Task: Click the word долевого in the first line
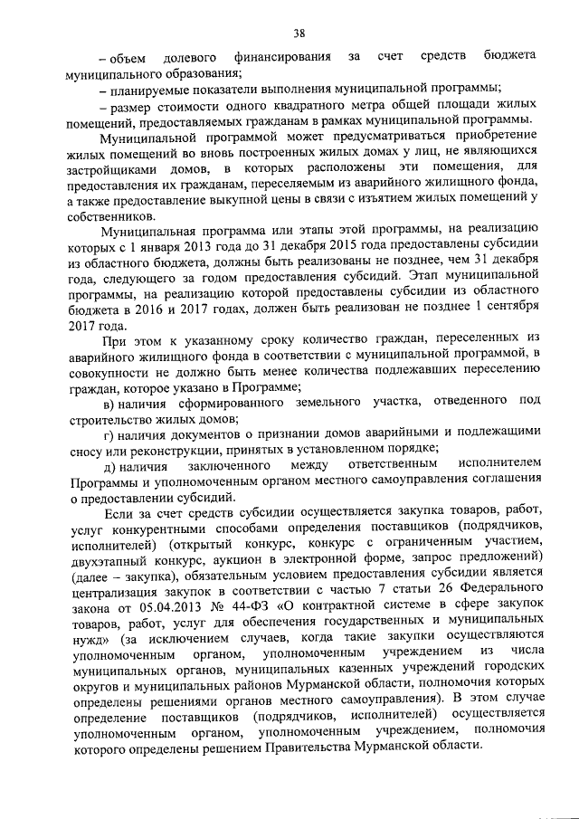(x=192, y=57)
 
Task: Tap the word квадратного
(x=260, y=107)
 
